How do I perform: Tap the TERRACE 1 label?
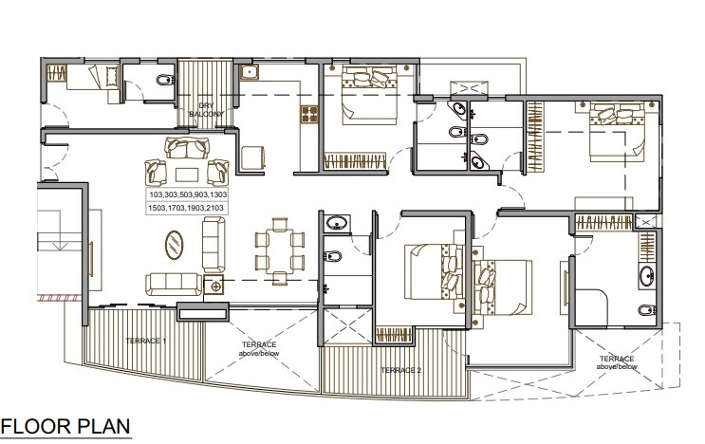(x=146, y=340)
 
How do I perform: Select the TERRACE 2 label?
(x=399, y=369)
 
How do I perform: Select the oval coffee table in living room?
(x=176, y=247)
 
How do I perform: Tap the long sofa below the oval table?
(x=173, y=284)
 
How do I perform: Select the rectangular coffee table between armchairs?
(x=186, y=172)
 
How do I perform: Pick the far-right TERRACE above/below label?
(x=618, y=361)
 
